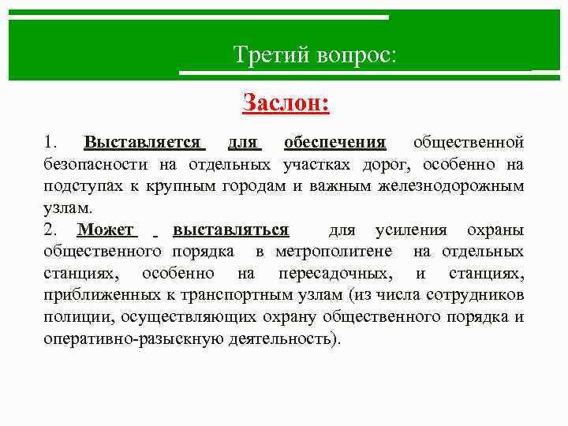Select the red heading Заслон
(285, 103)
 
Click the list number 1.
(50, 142)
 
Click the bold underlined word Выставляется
(144, 142)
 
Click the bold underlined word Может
(107, 230)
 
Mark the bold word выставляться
(230, 230)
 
